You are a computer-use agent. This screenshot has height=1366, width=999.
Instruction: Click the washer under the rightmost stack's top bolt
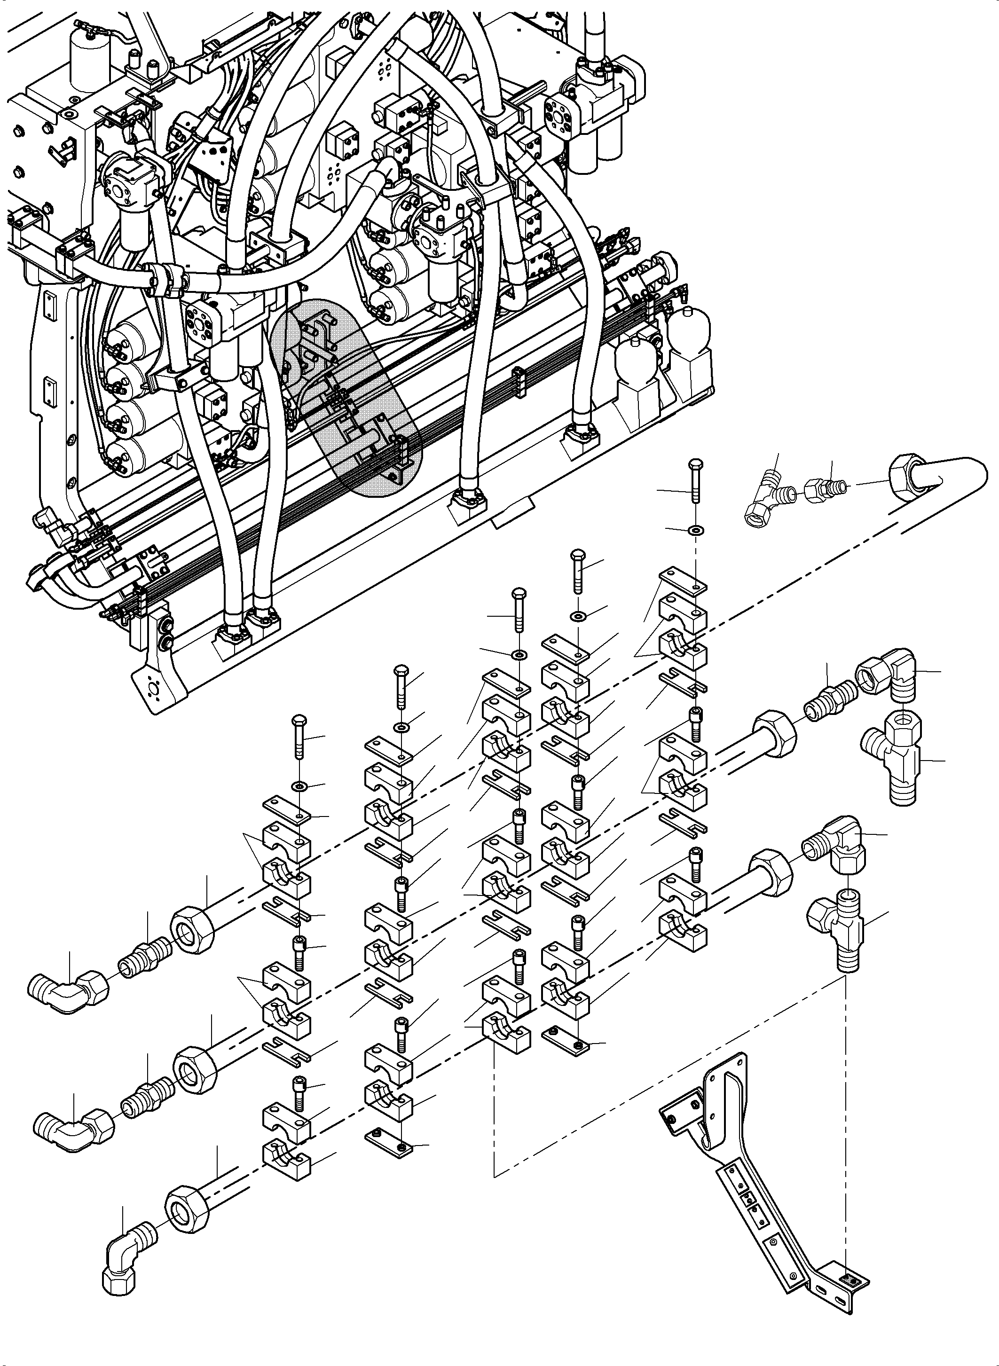[697, 530]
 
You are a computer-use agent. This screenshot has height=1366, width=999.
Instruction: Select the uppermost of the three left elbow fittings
[66, 992]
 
